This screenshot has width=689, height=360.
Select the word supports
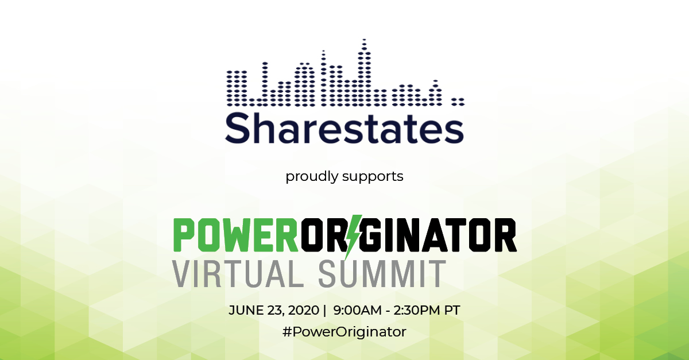(373, 176)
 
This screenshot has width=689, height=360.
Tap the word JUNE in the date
(246, 310)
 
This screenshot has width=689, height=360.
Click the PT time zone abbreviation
(452, 310)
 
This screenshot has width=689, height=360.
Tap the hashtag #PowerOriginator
(344, 332)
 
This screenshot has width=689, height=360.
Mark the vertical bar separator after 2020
(324, 310)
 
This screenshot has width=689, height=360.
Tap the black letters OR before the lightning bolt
(322, 234)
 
